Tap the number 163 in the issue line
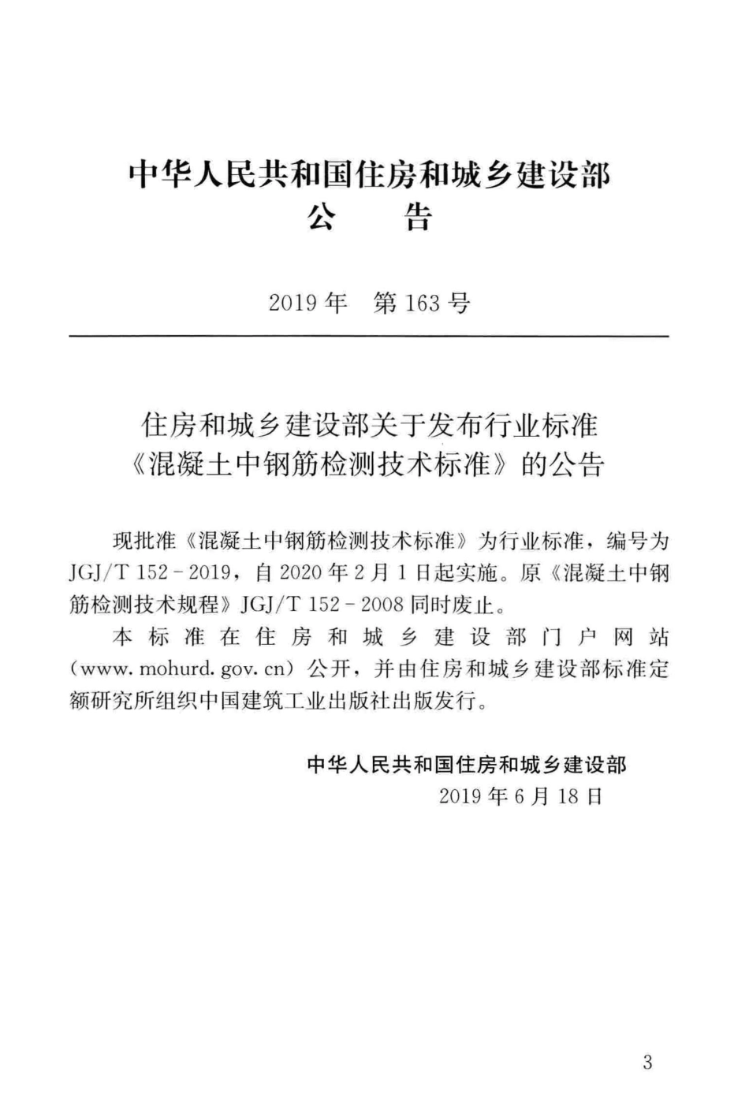click(423, 303)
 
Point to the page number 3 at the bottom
click(647, 1063)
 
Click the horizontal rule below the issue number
click(369, 337)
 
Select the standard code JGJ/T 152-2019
click(149, 573)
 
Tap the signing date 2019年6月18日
click(521, 796)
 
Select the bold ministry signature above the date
click(467, 764)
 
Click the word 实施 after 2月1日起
click(479, 573)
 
